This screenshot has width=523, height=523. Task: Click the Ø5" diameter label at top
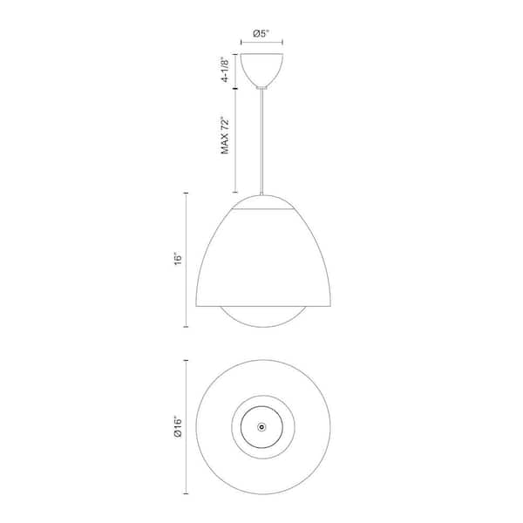tap(261, 33)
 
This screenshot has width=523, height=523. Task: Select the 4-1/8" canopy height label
tap(226, 71)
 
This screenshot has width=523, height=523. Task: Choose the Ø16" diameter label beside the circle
tap(178, 426)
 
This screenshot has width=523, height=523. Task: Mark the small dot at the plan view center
tap(261, 427)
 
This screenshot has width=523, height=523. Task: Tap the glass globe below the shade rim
tap(263, 325)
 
